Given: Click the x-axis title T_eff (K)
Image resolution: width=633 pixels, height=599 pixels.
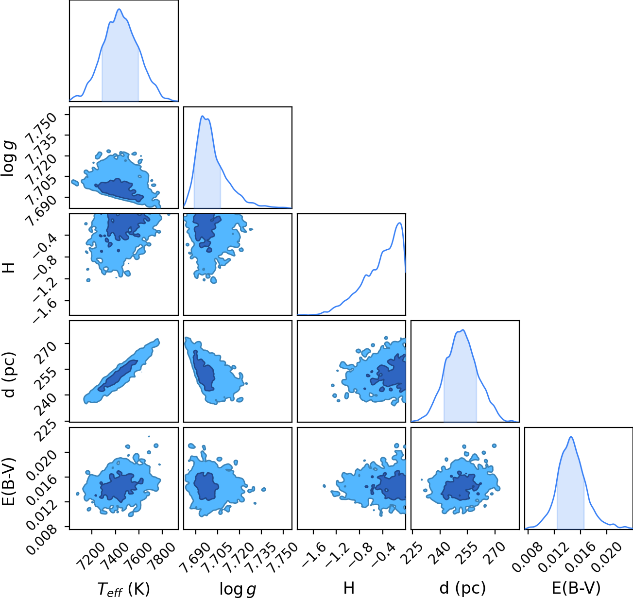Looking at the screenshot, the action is pyautogui.click(x=124, y=589).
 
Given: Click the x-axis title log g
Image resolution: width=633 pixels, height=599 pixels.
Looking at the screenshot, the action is pyautogui.click(x=238, y=589).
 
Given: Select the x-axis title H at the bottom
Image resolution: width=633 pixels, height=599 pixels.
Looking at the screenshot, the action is pyautogui.click(x=349, y=588).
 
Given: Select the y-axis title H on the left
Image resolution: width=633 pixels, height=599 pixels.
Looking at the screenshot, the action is pyautogui.click(x=9, y=267).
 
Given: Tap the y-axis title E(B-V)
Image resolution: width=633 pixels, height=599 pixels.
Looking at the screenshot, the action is pyautogui.click(x=9, y=482).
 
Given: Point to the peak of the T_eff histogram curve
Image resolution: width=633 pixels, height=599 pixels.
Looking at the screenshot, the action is pyautogui.click(x=119, y=9).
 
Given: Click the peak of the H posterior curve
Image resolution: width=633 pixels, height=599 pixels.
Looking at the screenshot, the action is pyautogui.click(x=399, y=223).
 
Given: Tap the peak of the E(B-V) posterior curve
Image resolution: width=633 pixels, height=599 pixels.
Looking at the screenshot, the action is pyautogui.click(x=571, y=437).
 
